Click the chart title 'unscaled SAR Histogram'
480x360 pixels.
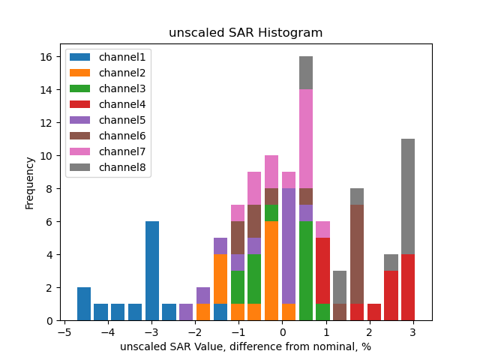click(x=245, y=33)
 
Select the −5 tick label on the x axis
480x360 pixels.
click(x=64, y=332)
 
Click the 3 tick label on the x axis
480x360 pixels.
click(x=412, y=332)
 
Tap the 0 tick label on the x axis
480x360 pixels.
click(x=282, y=332)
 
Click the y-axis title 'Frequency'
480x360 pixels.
click(x=30, y=182)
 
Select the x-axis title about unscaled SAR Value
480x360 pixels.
click(x=245, y=346)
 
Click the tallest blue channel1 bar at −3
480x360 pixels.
click(x=152, y=271)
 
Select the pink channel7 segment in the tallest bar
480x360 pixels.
click(x=306, y=139)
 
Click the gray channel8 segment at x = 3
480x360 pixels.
click(x=408, y=196)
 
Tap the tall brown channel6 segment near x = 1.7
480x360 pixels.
click(x=357, y=254)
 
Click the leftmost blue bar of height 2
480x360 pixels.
click(x=84, y=304)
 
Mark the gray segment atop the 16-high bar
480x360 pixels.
click(x=306, y=73)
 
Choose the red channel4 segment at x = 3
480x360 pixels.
click(x=408, y=287)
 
